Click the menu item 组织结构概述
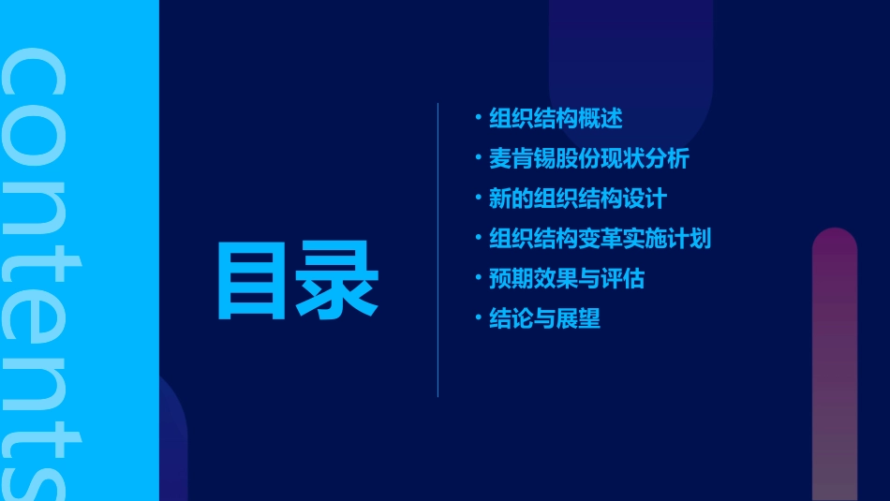(556, 119)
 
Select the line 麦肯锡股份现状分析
(588, 159)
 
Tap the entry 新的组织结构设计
(577, 199)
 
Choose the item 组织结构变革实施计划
(600, 239)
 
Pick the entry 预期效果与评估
(566, 279)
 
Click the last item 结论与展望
(544, 319)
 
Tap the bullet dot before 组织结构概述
(478, 118)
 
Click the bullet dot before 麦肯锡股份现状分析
(478, 158)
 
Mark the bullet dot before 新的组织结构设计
(478, 198)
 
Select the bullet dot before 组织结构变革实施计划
(478, 238)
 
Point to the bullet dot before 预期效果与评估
(478, 278)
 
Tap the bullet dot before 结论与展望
(478, 318)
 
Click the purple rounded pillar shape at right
(835, 365)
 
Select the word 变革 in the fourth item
(600, 239)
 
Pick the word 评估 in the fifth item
(622, 279)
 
